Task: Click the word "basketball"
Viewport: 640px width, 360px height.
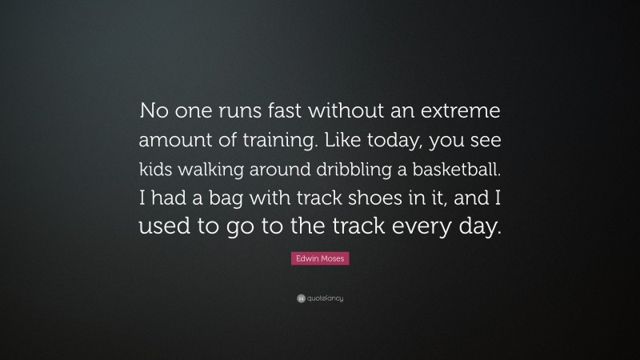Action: coord(454,167)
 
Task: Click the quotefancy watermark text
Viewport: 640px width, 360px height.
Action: coord(325,298)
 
